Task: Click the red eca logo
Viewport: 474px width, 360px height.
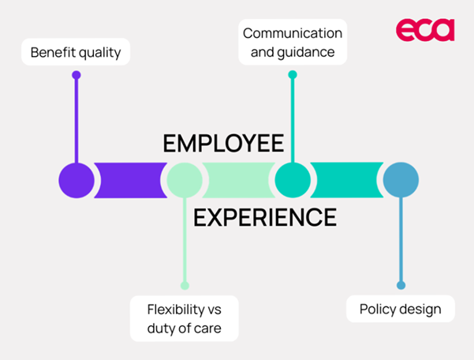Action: [425, 30]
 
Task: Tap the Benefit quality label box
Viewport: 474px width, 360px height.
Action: [76, 53]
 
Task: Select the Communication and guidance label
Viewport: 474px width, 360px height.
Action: [293, 43]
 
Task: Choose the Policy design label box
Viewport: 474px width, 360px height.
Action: [401, 309]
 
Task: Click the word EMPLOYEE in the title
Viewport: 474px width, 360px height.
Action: [223, 144]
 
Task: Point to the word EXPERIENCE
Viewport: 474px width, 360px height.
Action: [265, 216]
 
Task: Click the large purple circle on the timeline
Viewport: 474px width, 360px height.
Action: [77, 180]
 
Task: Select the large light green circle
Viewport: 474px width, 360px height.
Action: [185, 180]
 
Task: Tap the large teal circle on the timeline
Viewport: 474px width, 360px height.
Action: [293, 180]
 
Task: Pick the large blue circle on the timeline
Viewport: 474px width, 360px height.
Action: [401, 180]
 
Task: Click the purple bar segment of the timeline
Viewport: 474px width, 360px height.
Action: [130, 180]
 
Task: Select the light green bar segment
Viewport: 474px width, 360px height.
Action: [238, 180]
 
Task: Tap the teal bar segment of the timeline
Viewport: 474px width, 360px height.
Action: [346, 180]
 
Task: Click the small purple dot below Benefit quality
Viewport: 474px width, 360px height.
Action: [77, 75]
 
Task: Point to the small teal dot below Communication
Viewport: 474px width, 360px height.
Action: [293, 75]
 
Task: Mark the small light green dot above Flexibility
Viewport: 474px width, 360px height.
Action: [185, 285]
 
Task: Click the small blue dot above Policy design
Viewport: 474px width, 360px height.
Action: [401, 285]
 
